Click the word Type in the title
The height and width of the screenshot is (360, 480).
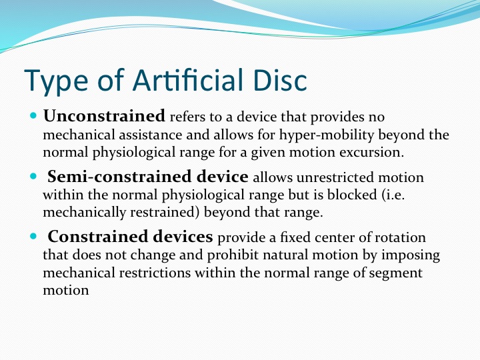[56, 81]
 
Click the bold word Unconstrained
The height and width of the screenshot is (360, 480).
[104, 116]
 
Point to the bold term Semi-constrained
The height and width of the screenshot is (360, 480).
[120, 177]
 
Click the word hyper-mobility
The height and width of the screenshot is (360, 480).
[327, 135]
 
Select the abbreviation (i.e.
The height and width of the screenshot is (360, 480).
[393, 195]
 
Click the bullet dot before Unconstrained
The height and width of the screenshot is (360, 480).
[33, 116]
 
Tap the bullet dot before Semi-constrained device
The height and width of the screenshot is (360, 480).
[33, 177]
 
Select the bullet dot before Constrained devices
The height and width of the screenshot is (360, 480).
[33, 236]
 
